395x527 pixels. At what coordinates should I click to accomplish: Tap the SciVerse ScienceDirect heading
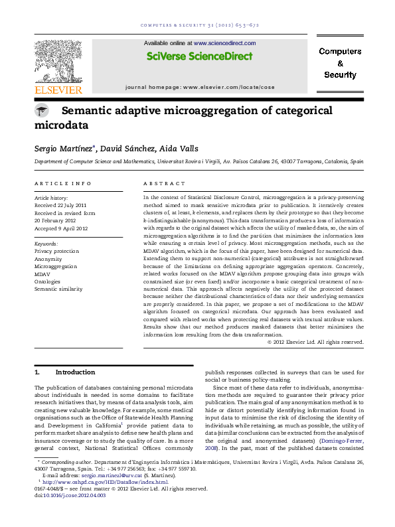197,57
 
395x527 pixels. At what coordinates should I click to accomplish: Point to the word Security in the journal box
340,75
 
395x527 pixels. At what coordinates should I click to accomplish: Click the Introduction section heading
75,372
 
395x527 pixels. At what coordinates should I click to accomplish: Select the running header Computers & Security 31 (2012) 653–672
197,26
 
